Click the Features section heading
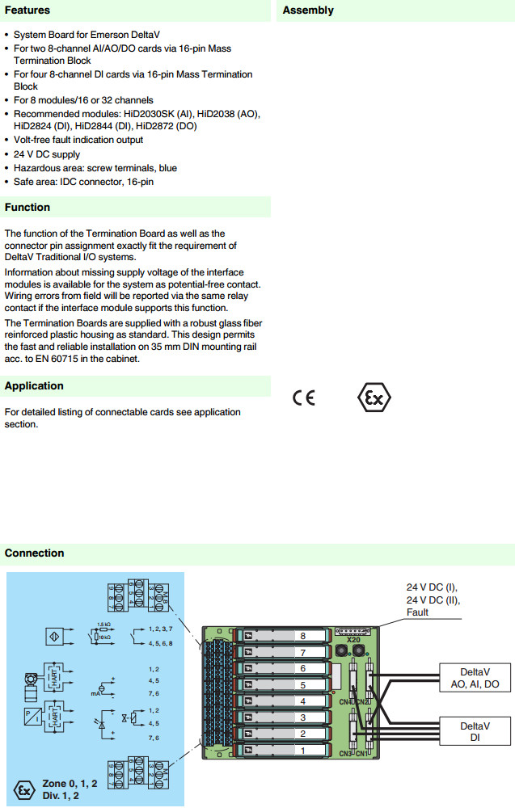[27, 11]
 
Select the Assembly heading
[308, 11]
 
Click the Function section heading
[27, 208]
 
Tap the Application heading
[34, 386]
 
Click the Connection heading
[34, 553]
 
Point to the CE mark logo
[304, 398]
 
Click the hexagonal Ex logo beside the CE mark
[374, 398]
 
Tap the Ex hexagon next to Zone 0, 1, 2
[24, 789]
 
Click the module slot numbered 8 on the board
[302, 637]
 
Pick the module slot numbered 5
[302, 685]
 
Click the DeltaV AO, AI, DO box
[475, 678]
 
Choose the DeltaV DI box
[475, 732]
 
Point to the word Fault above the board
[418, 612]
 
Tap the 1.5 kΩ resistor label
[103, 625]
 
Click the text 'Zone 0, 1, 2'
[70, 784]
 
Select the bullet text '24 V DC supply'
[47, 154]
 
